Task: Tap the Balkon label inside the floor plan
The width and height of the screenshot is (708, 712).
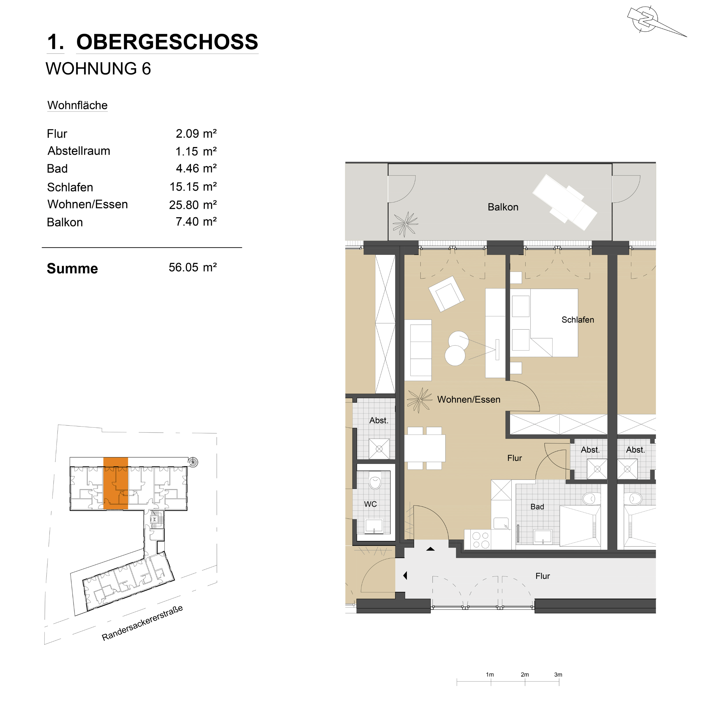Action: click(x=503, y=207)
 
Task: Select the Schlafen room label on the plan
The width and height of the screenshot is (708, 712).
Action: click(x=578, y=320)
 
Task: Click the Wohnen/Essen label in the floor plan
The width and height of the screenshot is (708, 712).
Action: click(x=469, y=399)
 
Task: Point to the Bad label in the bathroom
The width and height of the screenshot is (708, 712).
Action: click(x=537, y=507)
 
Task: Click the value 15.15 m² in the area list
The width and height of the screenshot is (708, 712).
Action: click(x=193, y=187)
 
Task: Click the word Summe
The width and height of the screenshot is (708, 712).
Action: click(x=72, y=269)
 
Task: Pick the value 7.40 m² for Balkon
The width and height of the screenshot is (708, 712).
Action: click(x=196, y=221)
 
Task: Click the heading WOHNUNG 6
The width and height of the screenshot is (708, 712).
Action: click(x=98, y=69)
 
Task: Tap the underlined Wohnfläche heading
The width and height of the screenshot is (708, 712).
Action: click(x=77, y=105)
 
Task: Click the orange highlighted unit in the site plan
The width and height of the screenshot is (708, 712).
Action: click(x=115, y=483)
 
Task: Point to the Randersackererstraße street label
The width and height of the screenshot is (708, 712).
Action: click(x=142, y=623)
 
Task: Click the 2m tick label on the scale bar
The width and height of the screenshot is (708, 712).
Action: click(x=525, y=674)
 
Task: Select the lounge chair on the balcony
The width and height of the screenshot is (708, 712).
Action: click(x=565, y=202)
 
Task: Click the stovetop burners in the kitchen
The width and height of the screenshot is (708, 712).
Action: click(x=481, y=540)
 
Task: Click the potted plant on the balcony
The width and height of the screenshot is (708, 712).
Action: click(x=405, y=224)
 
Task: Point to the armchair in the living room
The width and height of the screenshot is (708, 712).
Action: click(x=446, y=294)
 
